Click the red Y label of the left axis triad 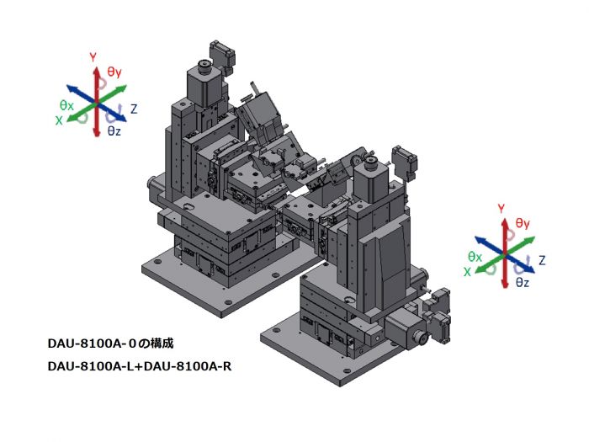93,57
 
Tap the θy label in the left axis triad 114,72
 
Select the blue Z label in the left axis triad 134,109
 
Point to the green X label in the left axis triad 59,120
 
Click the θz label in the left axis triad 114,130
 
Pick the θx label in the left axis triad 66,105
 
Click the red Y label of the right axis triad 501,208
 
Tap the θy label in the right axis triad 523,223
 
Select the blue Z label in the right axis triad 542,260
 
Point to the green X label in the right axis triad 467,272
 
